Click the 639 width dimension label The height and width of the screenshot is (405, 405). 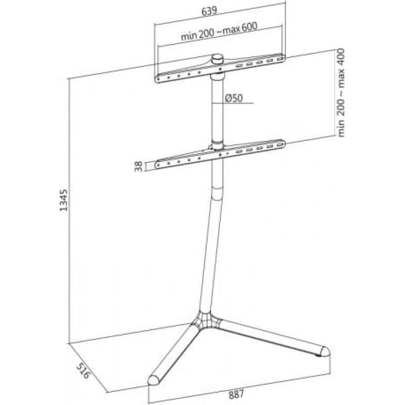tap(210, 11)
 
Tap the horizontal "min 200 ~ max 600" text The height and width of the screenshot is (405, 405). tap(219, 32)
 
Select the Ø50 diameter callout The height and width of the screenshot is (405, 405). tap(234, 98)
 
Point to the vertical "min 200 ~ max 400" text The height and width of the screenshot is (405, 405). tap(341, 92)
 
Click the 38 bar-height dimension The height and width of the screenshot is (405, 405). tap(139, 166)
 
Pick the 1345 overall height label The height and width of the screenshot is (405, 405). tap(64, 200)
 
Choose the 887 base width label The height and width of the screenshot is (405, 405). tap(236, 394)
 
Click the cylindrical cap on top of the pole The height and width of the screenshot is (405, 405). tap(217, 59)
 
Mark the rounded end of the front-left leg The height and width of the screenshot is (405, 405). tap(154, 380)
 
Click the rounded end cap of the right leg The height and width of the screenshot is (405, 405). tap(325, 351)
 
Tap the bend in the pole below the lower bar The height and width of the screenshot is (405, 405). tap(217, 197)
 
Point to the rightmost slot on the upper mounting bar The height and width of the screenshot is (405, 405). tap(279, 59)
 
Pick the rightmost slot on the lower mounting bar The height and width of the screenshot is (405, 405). tap(279, 145)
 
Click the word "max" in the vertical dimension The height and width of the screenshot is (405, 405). tap(341, 78)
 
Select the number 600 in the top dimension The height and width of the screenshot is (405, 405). tap(250, 27)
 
